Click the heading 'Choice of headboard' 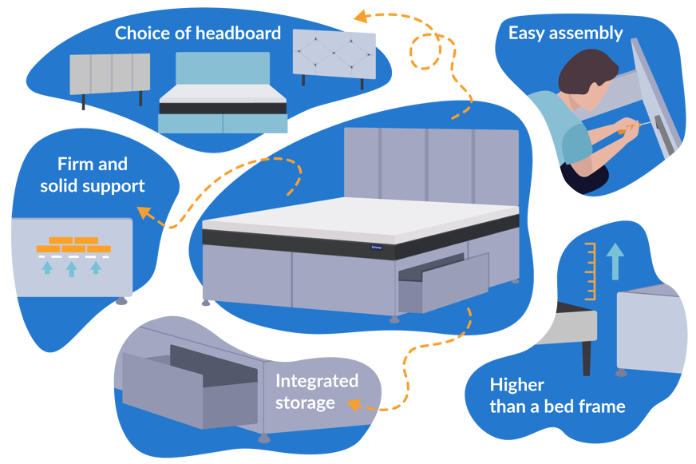pyautogui.click(x=197, y=34)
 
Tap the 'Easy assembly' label pyautogui.click(x=565, y=34)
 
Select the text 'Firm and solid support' pyautogui.click(x=93, y=175)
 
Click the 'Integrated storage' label pyautogui.click(x=317, y=391)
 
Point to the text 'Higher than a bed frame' pyautogui.click(x=557, y=395)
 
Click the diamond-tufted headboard pyautogui.click(x=334, y=54)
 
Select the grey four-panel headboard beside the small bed pyautogui.click(x=110, y=76)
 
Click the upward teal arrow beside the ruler pyautogui.click(x=614, y=262)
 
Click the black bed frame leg pyautogui.click(x=587, y=355)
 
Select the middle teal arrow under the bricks pyautogui.click(x=72, y=268)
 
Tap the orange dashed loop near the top pyautogui.click(x=425, y=51)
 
